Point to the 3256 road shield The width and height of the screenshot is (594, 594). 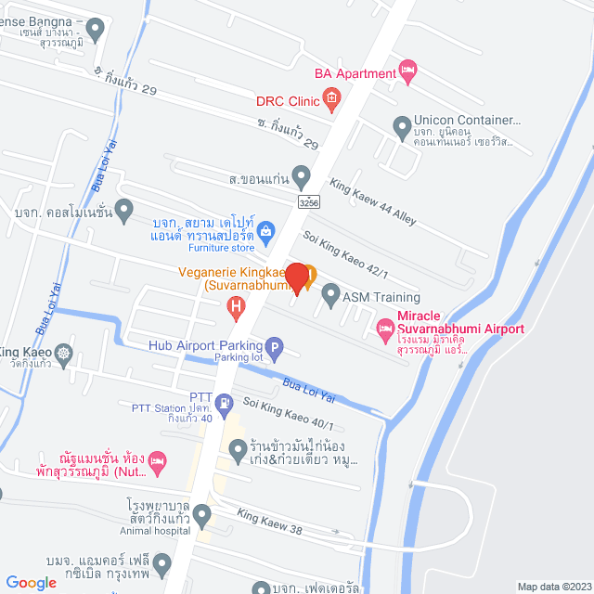click(310, 200)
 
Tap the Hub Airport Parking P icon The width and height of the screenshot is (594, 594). click(274, 345)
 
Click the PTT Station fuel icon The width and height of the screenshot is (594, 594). click(225, 404)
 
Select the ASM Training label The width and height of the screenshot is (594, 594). click(381, 297)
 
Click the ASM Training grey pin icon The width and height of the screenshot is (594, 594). click(330, 297)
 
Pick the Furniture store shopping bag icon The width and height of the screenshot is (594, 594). click(265, 229)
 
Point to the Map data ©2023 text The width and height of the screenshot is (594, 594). click(554, 587)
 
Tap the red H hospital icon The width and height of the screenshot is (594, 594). click(238, 304)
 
